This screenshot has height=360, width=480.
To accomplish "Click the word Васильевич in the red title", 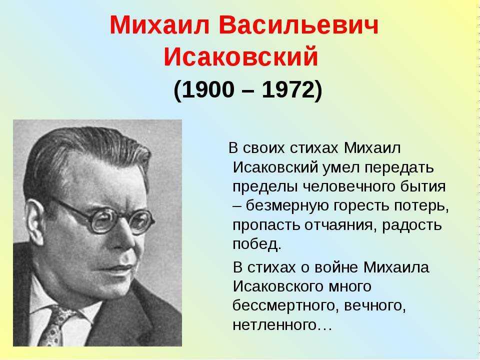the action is [298, 25].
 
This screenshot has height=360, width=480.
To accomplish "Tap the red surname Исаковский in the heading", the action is [241, 56].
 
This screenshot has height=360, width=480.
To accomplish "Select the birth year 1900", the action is [208, 90].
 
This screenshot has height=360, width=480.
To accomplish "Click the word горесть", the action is [360, 206].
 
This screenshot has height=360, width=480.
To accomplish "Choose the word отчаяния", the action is [339, 225].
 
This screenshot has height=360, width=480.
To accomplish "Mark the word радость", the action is [412, 225].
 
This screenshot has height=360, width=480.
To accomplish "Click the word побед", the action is [256, 244].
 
